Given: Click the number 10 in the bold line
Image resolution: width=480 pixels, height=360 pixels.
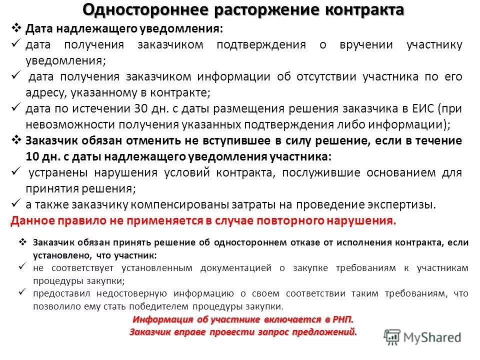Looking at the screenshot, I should point(32,156).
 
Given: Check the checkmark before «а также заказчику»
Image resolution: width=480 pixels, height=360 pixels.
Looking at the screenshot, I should point(15,204).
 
